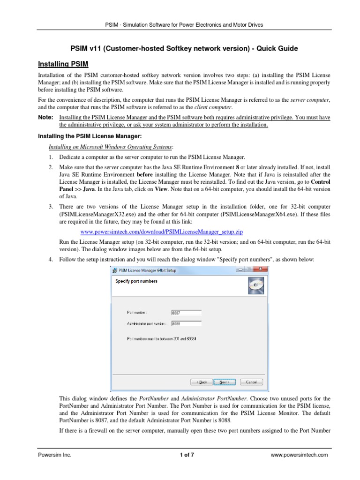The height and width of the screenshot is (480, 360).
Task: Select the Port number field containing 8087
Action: [187, 312]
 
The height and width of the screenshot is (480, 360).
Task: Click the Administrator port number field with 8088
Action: [187, 323]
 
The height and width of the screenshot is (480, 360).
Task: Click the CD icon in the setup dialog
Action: [255, 284]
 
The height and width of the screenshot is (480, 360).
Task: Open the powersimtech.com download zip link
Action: [162, 232]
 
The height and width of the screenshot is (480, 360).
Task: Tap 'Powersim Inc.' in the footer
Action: [54, 455]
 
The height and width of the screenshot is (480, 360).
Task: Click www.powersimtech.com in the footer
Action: [300, 455]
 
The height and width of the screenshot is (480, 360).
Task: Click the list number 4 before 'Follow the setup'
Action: [50, 259]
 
